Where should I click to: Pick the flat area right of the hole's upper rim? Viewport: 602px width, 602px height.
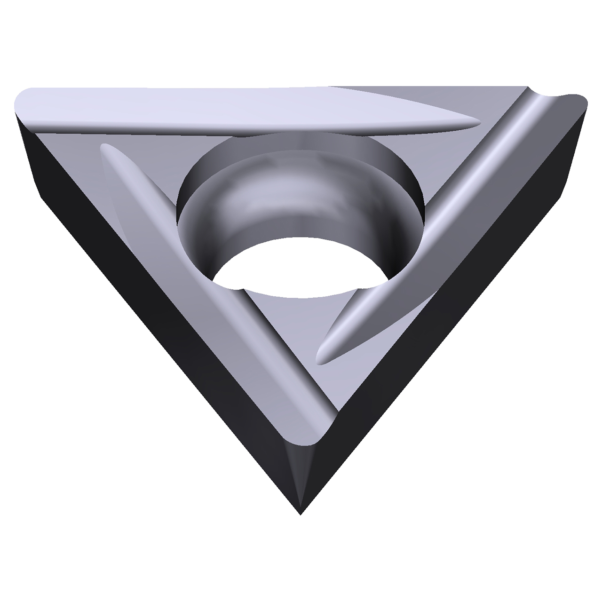423,155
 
